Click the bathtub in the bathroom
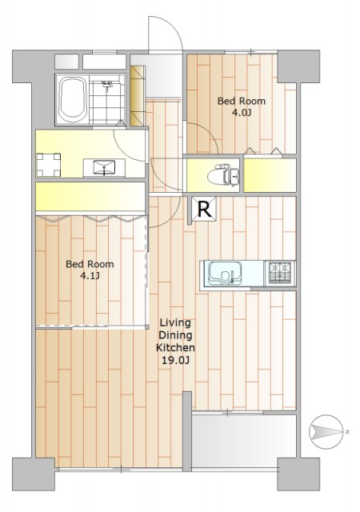pos(73,99)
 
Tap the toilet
pos(223,175)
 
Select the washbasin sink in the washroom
pos(104,167)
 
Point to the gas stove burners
pos(280,272)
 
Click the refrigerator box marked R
pos(204,209)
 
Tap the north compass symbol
pos(326,432)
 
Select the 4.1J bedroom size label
pos(90,276)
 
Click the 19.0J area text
pos(175,360)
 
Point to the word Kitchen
pos(175,347)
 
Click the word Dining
pos(175,335)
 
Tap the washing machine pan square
pos(48,165)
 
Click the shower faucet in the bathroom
pos(107,86)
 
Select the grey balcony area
pos(244,441)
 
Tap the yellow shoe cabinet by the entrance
pos(138,96)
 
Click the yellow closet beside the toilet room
pos(270,175)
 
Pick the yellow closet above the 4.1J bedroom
pos(90,197)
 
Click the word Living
pos(175,323)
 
